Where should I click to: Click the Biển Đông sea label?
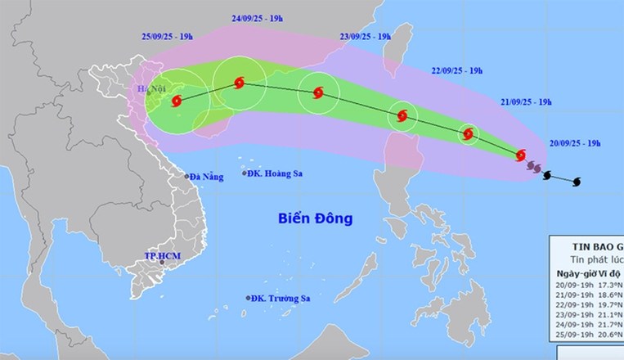(315, 219)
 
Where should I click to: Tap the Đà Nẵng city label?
(207, 176)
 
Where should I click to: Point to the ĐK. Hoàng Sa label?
(275, 173)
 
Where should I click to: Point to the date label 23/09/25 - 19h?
(365, 36)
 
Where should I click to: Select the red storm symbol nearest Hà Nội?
(177, 101)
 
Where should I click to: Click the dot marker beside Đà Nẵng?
(187, 176)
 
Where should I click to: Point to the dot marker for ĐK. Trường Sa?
(247, 298)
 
